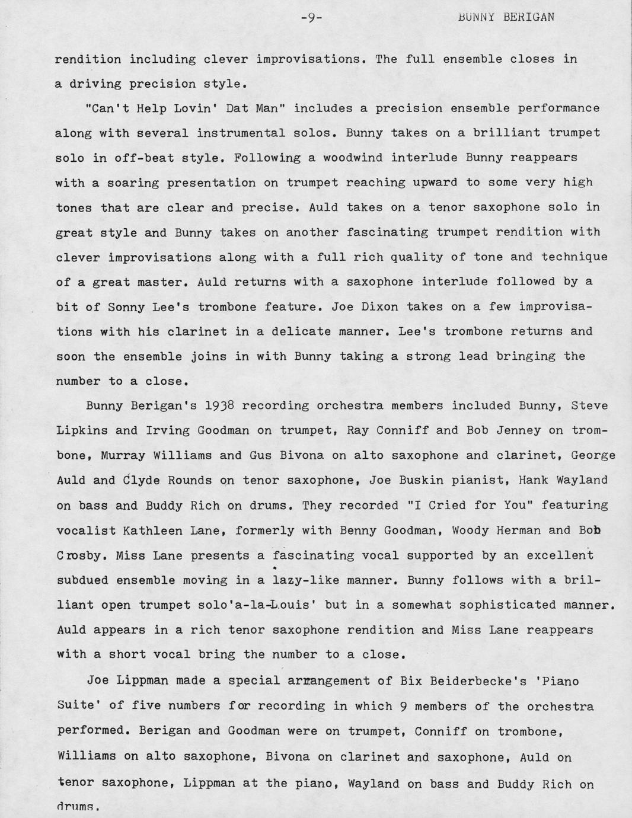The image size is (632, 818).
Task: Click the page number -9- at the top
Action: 311,18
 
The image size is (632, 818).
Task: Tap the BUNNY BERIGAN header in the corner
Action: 506,17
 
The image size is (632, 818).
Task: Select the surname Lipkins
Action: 82,431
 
